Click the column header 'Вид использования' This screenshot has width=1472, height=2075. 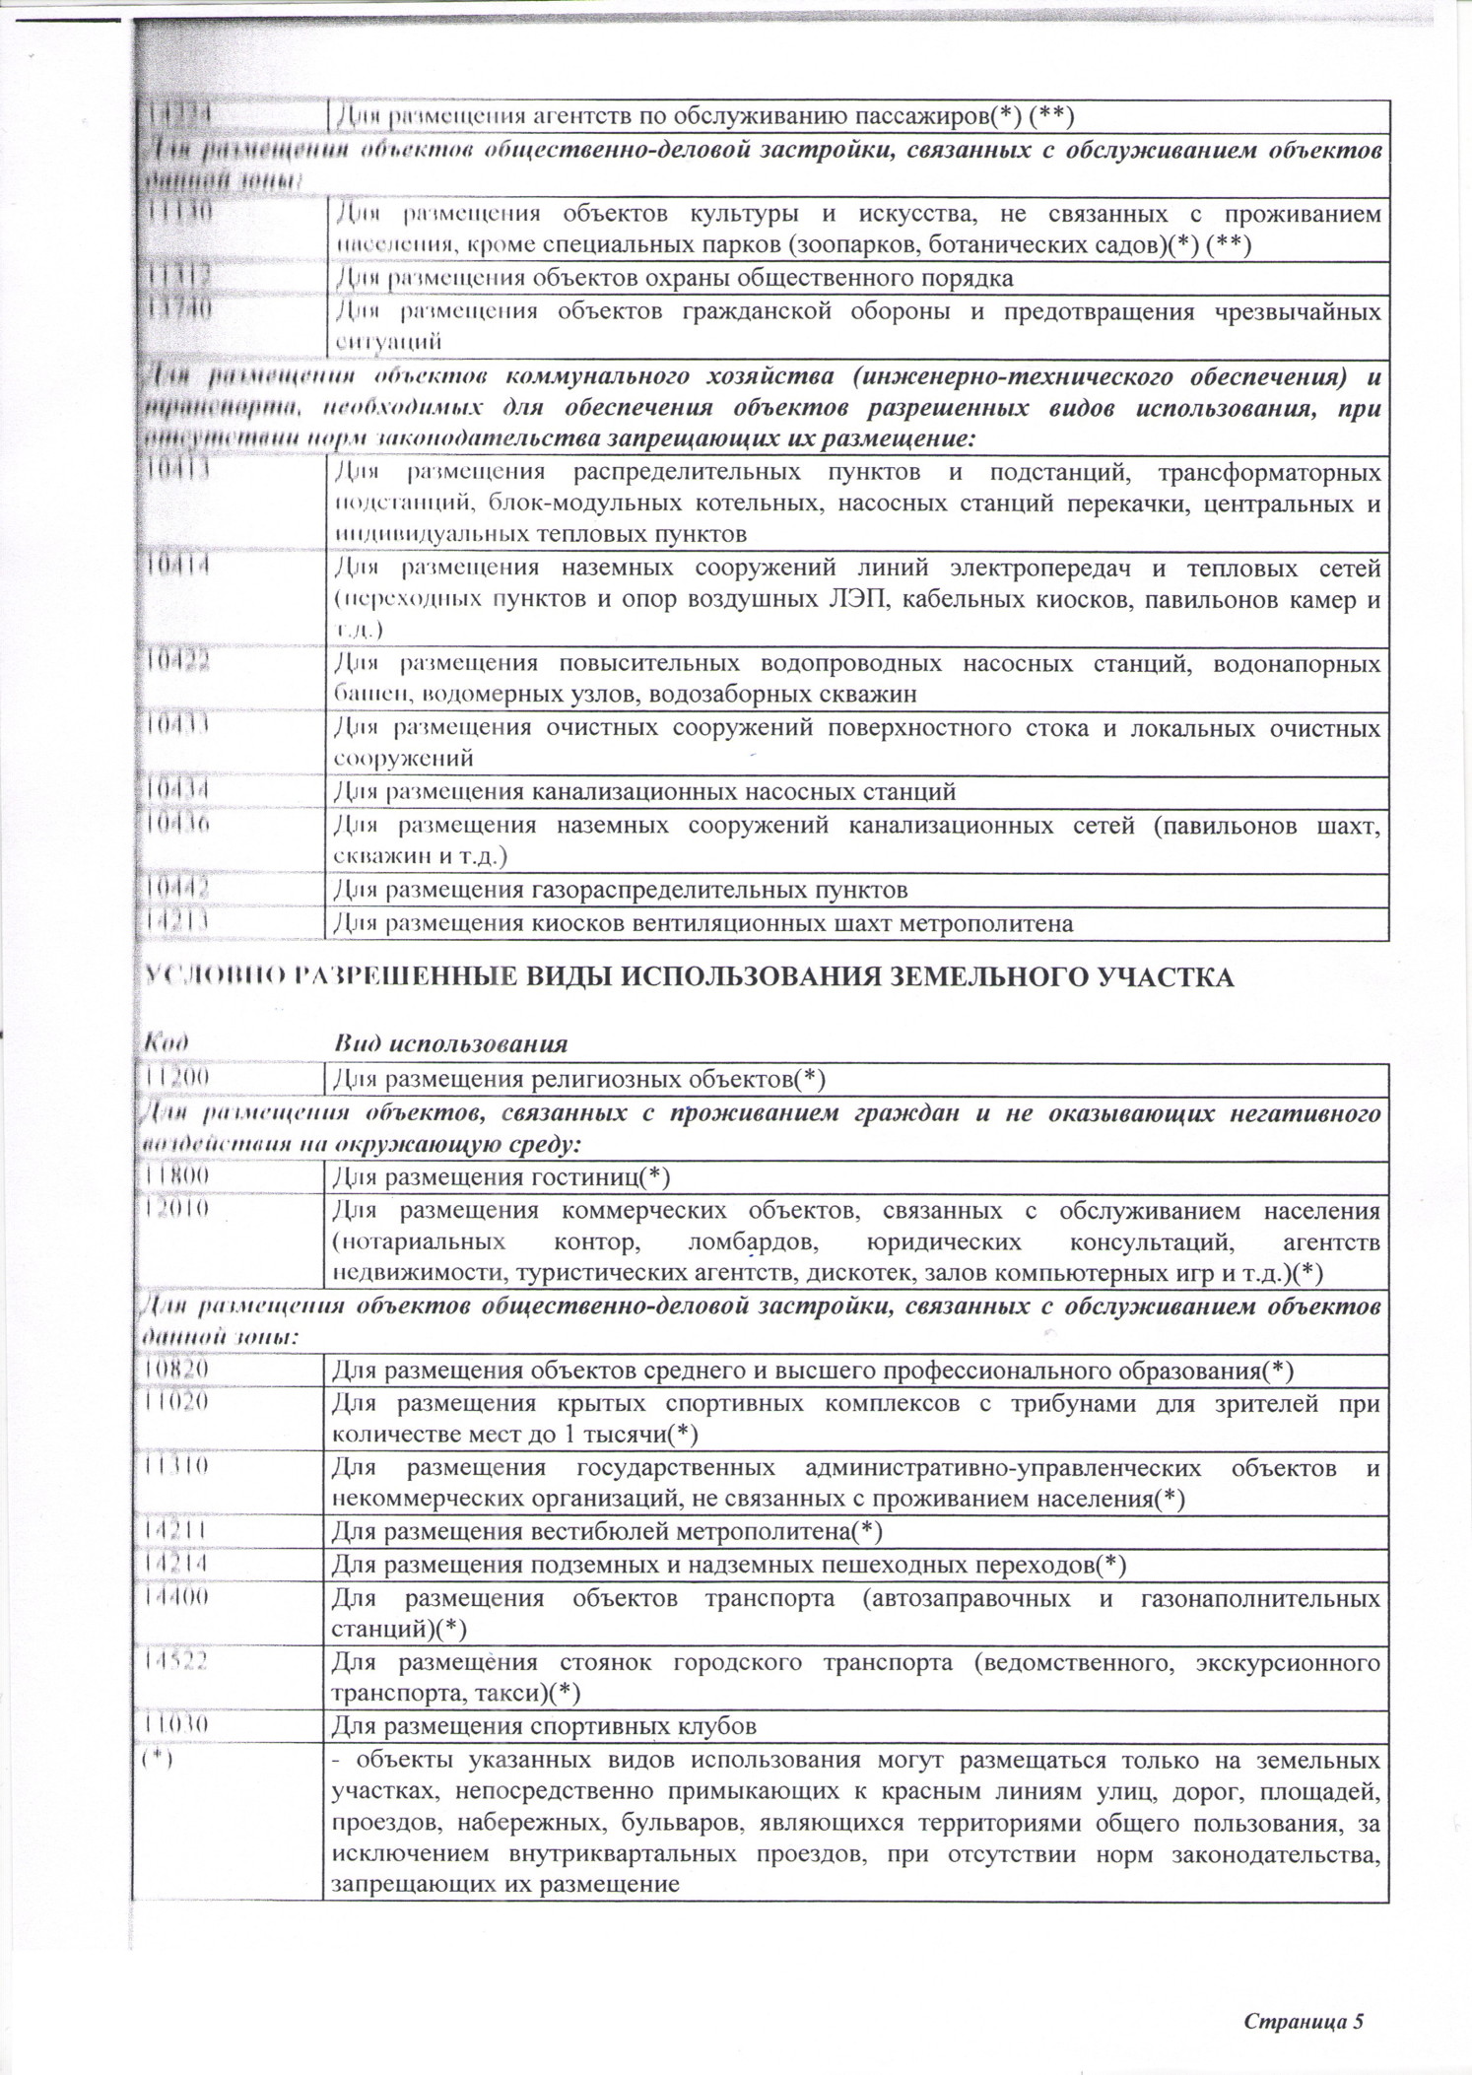(x=450, y=1043)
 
